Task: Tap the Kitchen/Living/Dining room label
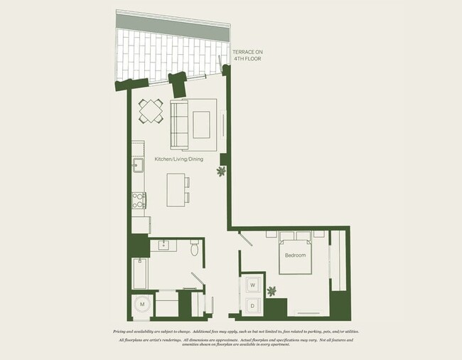click(x=179, y=159)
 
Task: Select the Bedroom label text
click(x=295, y=255)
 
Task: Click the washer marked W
click(x=252, y=285)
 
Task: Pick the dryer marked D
click(x=252, y=306)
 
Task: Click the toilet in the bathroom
click(x=194, y=248)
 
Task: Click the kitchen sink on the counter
click(x=138, y=167)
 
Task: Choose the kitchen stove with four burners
click(x=139, y=200)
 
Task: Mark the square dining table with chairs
click(x=151, y=111)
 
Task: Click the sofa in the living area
click(x=178, y=122)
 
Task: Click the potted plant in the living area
click(x=221, y=171)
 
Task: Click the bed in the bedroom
click(x=296, y=252)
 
